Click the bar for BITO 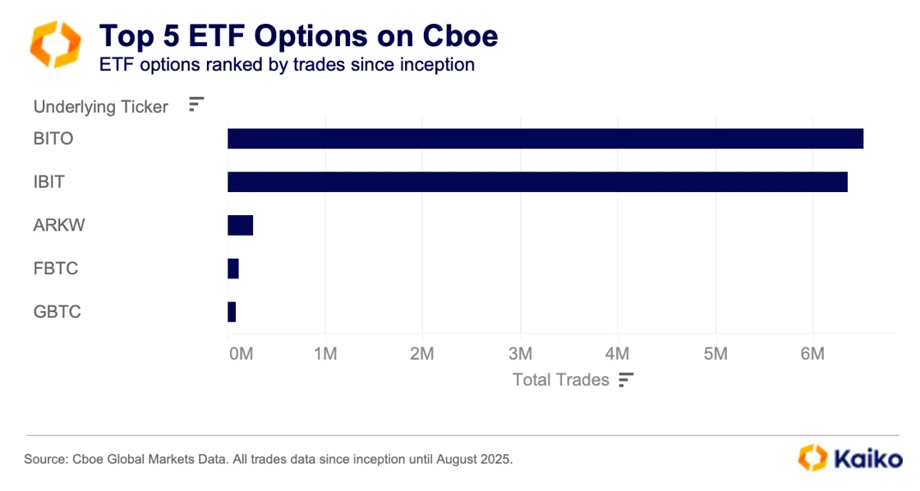tap(545, 139)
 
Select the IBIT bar tap(537, 182)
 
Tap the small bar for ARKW tap(240, 225)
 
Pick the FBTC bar tap(233, 268)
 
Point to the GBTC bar tap(232, 312)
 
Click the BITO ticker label tap(53, 139)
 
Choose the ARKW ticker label tap(59, 225)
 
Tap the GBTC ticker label tap(57, 312)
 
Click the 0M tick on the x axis tap(241, 354)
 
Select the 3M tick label tap(520, 354)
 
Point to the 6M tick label tap(812, 354)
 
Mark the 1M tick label tap(325, 354)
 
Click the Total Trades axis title tap(561, 379)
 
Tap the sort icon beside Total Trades tap(627, 379)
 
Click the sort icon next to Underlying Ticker tap(195, 104)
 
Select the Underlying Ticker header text tap(100, 107)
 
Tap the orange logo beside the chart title tap(55, 44)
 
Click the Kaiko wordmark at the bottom tap(868, 458)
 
